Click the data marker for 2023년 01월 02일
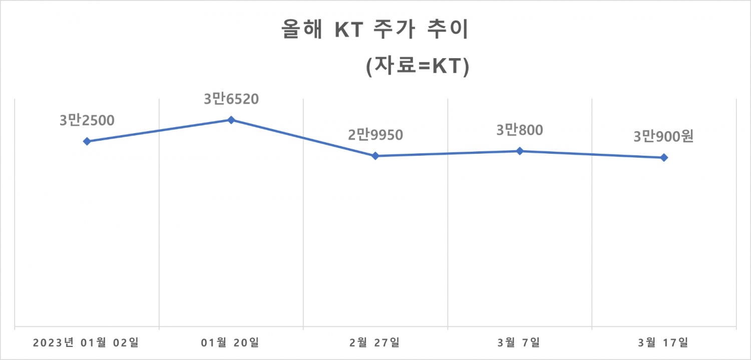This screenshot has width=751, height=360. (x=87, y=141)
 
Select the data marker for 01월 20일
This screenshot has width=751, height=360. (x=231, y=120)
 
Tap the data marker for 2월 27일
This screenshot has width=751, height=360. (x=375, y=156)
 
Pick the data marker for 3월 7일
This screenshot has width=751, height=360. (x=520, y=151)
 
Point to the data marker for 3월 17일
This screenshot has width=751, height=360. (x=664, y=157)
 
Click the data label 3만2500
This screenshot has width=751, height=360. (x=87, y=121)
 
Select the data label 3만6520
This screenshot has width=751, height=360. (x=231, y=99)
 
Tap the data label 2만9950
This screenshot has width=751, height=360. (x=375, y=135)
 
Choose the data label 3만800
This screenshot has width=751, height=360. (x=520, y=130)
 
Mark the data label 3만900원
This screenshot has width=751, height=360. (x=664, y=137)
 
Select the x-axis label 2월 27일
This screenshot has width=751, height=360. (x=375, y=343)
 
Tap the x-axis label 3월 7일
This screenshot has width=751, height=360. (x=520, y=343)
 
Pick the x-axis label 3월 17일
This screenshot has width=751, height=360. (x=664, y=343)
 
